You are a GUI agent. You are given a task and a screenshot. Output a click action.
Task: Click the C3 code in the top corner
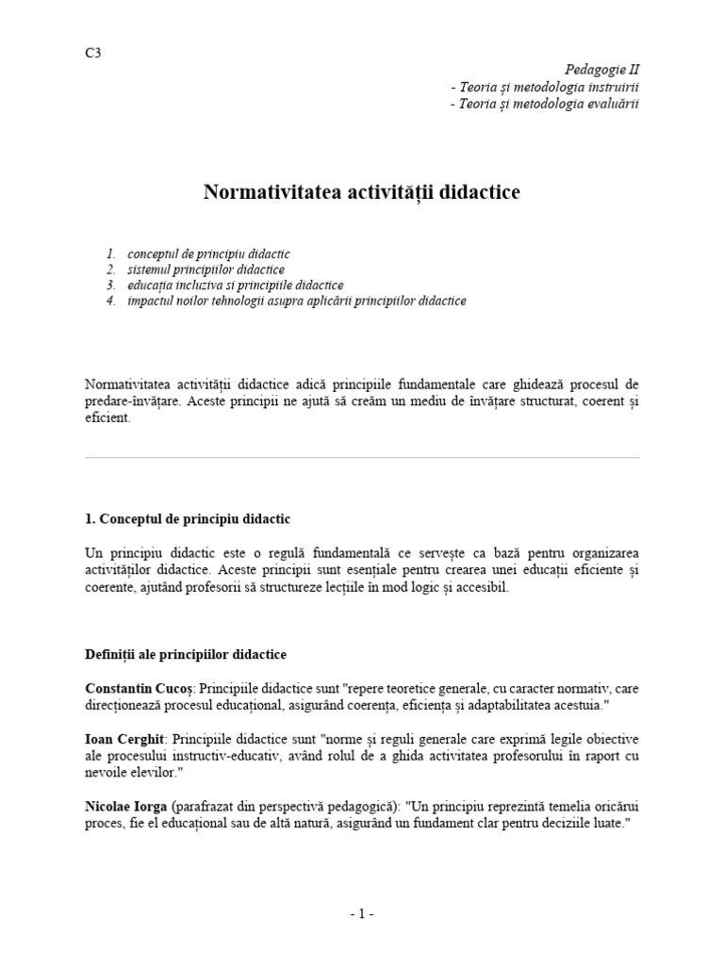[x=92, y=53]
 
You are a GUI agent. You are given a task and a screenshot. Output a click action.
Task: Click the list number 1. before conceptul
[x=111, y=254]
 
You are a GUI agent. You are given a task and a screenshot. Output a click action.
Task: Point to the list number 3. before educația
[x=111, y=285]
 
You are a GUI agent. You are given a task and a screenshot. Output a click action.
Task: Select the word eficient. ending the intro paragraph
[x=108, y=417]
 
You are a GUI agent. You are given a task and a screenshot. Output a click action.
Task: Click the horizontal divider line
[x=362, y=459]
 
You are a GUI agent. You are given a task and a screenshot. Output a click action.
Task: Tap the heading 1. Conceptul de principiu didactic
[x=189, y=519]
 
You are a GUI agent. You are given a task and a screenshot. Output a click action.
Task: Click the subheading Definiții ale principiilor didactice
[x=186, y=654]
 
